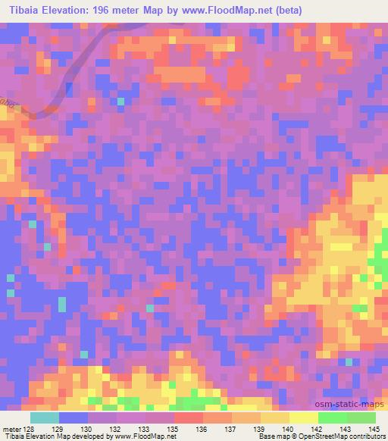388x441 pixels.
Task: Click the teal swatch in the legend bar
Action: pos(45,418)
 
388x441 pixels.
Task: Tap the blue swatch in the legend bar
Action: pos(74,418)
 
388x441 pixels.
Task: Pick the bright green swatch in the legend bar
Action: pos(333,418)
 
